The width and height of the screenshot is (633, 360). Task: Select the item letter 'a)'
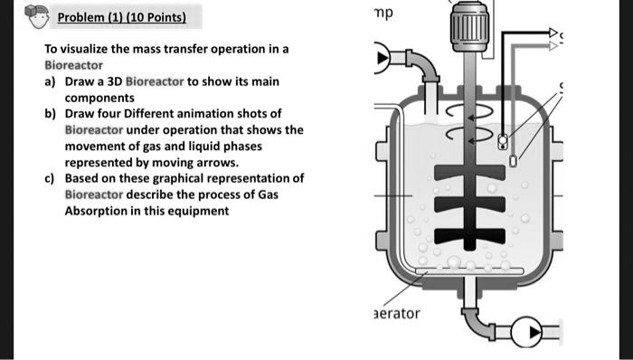tap(52, 82)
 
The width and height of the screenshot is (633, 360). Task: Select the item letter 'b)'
tap(52, 114)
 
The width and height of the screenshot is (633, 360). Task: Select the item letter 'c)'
tap(52, 179)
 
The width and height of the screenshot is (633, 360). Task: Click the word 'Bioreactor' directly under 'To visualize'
tap(74, 66)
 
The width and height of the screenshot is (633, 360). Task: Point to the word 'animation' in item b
tap(209, 114)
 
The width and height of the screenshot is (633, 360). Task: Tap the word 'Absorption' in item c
tap(95, 212)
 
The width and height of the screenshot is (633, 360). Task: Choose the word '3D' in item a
tap(111, 82)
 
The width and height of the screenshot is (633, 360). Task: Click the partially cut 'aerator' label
tap(397, 313)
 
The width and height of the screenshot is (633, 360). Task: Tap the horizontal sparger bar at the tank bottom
tap(463, 270)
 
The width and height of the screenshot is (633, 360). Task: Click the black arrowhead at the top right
tap(554, 33)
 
